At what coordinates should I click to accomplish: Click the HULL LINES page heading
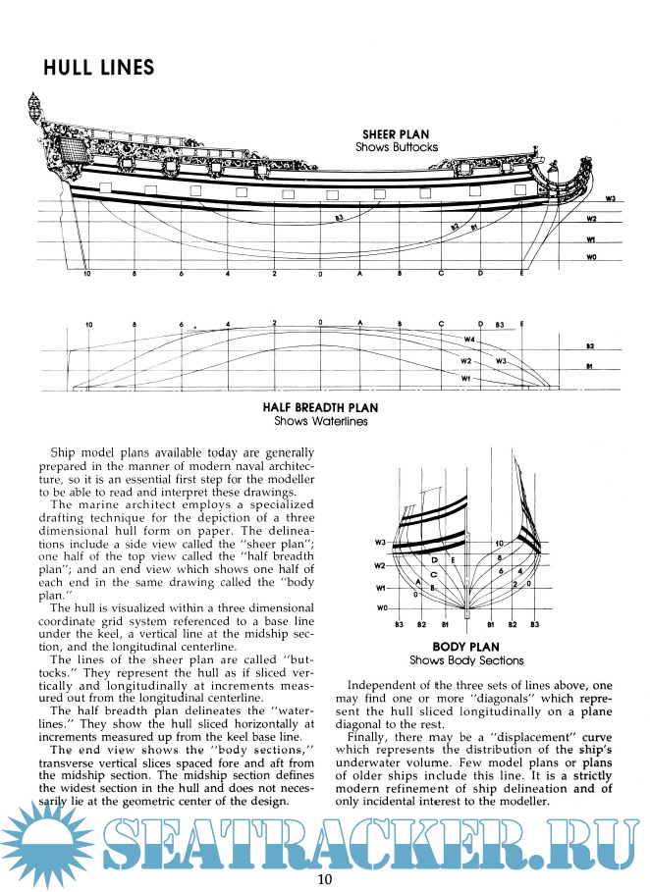click(x=98, y=68)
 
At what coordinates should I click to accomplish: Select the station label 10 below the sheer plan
click(x=87, y=274)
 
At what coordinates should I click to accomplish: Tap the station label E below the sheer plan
click(x=521, y=274)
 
